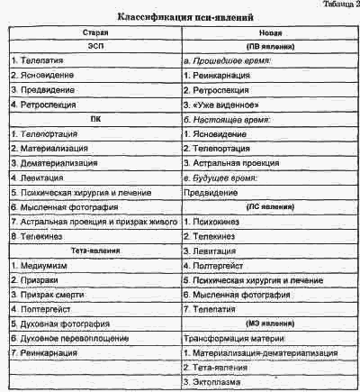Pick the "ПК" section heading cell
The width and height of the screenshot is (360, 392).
click(93, 119)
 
